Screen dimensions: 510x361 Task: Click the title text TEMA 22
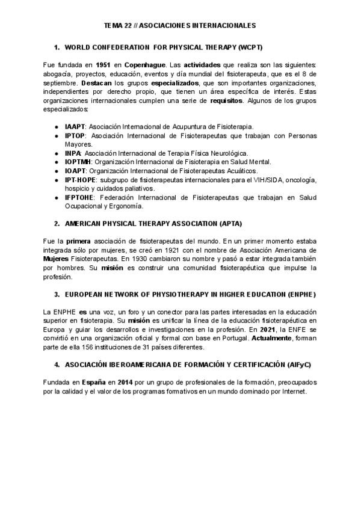point(117,26)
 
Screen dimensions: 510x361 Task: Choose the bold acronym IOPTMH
point(78,162)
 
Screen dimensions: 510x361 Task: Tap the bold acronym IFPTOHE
point(79,197)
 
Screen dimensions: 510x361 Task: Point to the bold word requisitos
point(227,100)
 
